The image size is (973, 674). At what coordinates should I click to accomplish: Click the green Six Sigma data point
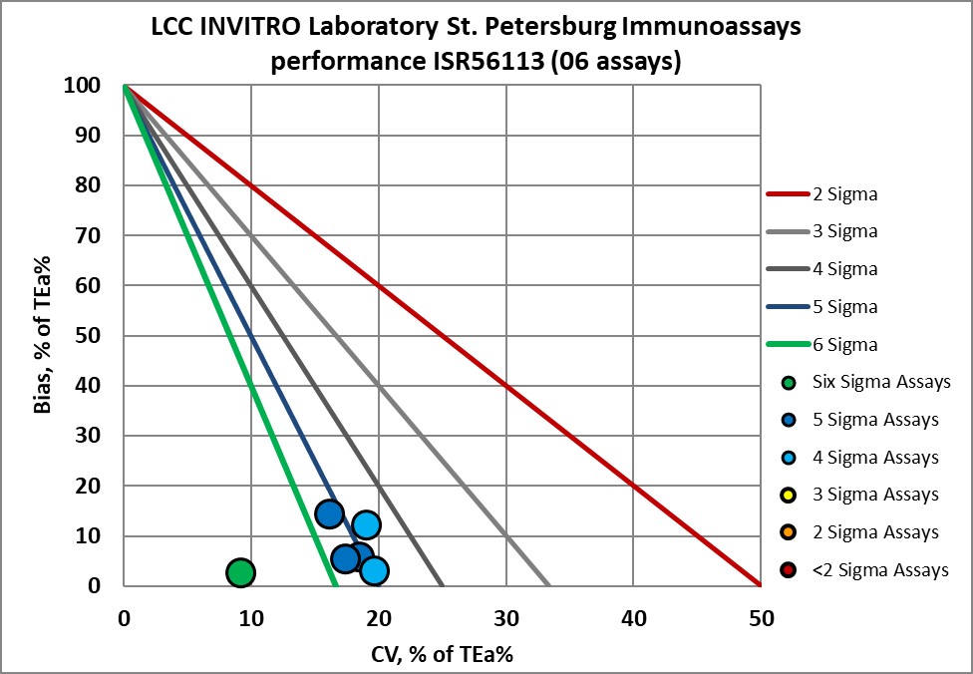[240, 572]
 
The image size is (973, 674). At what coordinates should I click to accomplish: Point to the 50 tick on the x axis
[761, 618]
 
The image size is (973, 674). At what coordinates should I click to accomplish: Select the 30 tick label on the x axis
[505, 618]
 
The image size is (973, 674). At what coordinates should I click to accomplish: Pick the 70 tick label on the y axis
[90, 236]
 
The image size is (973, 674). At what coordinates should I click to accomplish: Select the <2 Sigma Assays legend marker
[790, 570]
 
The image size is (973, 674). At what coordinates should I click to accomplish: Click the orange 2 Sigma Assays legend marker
[790, 532]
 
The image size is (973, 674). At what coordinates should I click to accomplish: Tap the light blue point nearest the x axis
[374, 570]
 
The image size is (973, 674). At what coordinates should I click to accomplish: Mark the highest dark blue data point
[330, 514]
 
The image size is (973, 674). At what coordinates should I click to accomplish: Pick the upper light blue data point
[366, 524]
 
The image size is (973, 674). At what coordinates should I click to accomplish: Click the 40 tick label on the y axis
[90, 386]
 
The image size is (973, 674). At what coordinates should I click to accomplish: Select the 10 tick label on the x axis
[250, 618]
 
